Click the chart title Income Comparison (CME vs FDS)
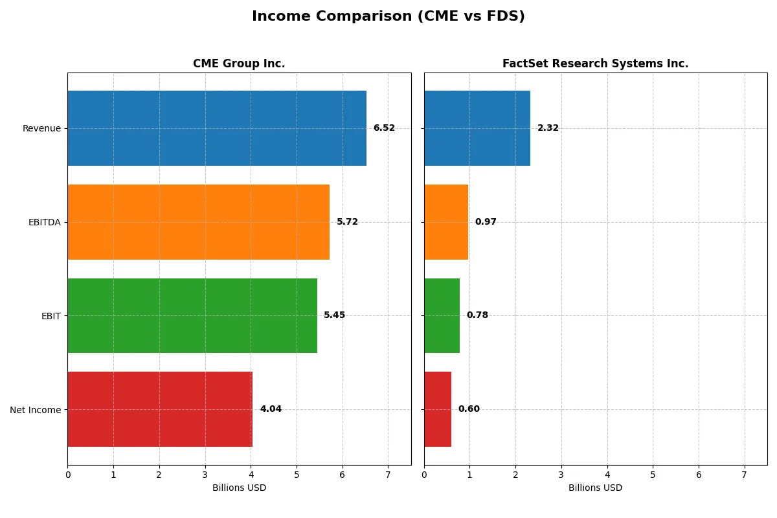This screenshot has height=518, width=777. (x=388, y=17)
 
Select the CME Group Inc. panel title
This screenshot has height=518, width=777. (x=239, y=63)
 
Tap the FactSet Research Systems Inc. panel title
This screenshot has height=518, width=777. (x=595, y=63)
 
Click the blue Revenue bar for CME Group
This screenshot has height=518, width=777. (x=217, y=128)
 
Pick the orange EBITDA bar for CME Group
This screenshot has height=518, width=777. (x=198, y=222)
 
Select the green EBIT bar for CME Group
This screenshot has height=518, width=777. (x=192, y=315)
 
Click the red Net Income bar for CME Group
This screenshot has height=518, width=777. (x=160, y=409)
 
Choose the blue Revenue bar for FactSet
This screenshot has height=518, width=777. (x=477, y=128)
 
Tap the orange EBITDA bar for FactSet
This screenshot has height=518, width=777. (x=446, y=222)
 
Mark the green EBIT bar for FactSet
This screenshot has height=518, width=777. (x=442, y=315)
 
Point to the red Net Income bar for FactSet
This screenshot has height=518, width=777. (x=438, y=409)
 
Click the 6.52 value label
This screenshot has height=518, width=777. (x=384, y=128)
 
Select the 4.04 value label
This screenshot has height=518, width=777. (x=271, y=409)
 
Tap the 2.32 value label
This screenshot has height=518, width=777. (x=548, y=128)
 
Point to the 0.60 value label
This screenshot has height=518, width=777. (x=469, y=409)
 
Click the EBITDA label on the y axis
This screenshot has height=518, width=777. (x=44, y=222)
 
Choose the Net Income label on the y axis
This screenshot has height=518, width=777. (x=35, y=409)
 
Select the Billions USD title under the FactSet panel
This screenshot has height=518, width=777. (x=595, y=488)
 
